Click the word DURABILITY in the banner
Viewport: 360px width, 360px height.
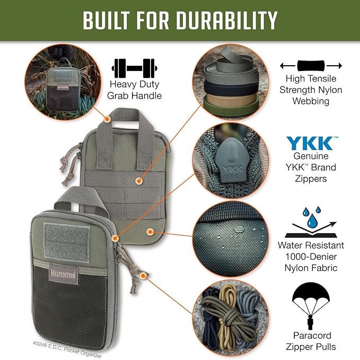(227, 20)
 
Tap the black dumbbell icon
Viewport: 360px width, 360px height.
(134, 68)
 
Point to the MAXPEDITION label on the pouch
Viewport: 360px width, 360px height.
(63, 274)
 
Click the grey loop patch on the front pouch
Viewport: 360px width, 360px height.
(67, 242)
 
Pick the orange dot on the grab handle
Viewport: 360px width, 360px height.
(107, 119)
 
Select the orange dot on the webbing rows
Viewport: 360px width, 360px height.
(138, 181)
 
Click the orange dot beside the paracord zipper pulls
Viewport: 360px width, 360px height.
(144, 276)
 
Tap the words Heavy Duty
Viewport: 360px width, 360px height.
(134, 84)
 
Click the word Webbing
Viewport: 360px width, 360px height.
(311, 101)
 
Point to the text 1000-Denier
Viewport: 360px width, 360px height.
(311, 257)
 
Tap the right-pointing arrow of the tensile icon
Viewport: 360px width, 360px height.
(334, 66)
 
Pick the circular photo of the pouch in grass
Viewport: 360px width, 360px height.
(63, 82)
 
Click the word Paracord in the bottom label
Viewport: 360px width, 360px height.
(312, 336)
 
